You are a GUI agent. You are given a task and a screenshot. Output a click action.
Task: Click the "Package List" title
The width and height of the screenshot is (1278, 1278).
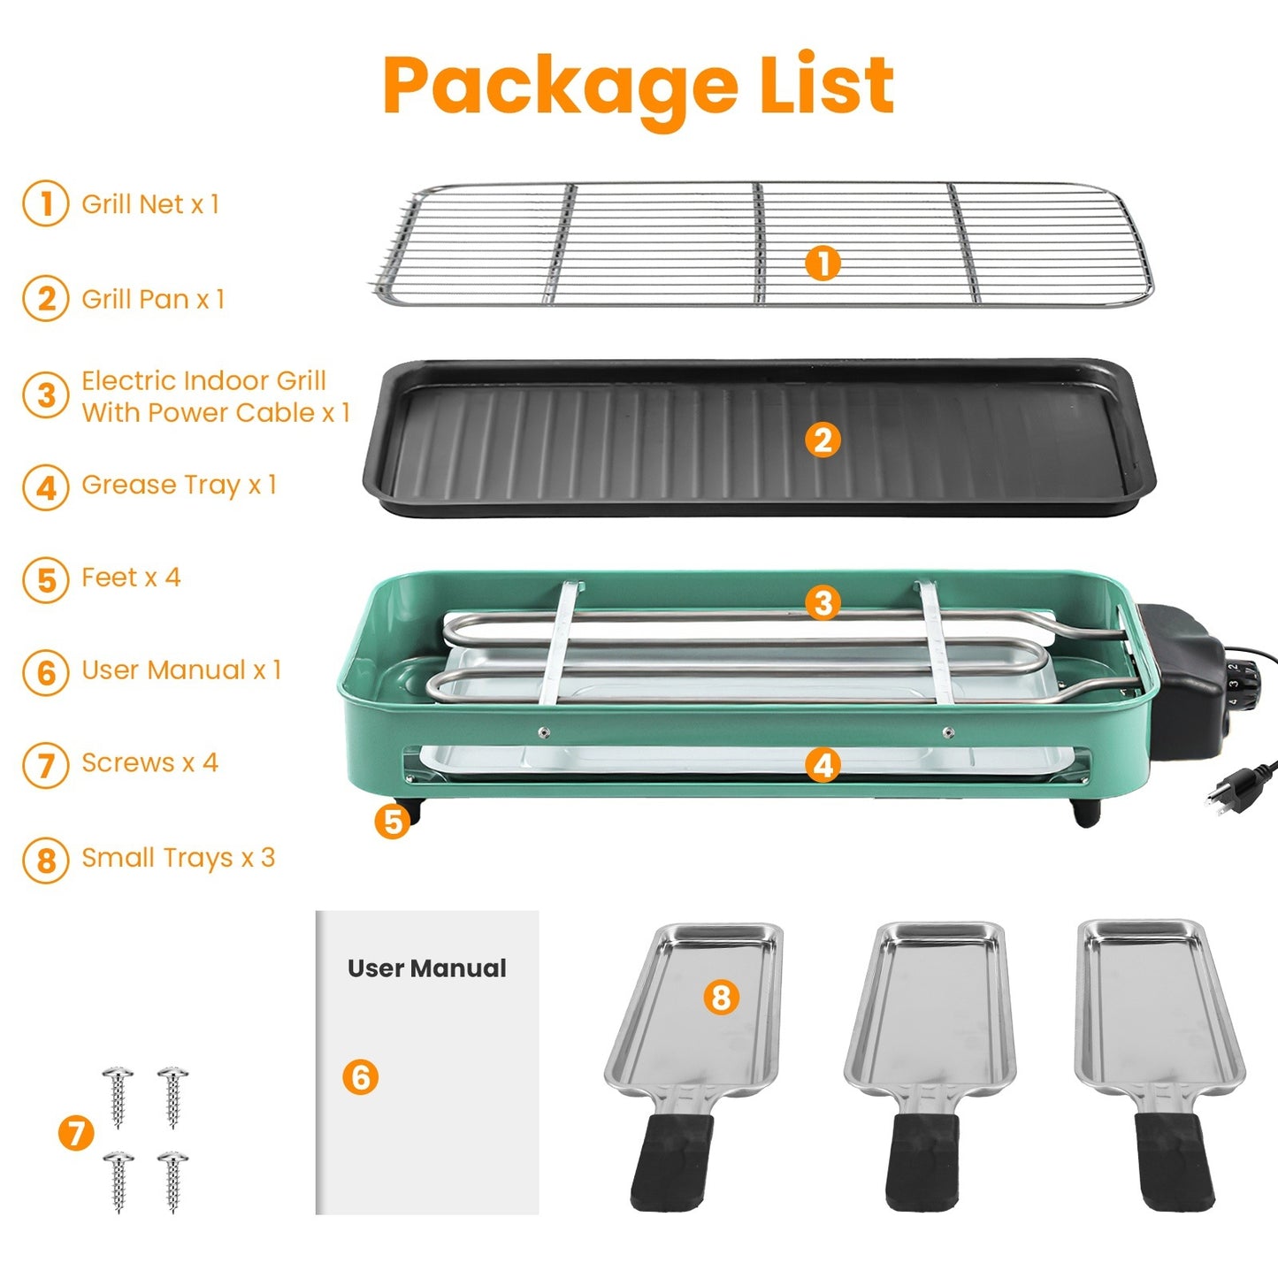[638, 86]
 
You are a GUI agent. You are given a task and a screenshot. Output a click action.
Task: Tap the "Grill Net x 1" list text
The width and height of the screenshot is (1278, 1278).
[149, 204]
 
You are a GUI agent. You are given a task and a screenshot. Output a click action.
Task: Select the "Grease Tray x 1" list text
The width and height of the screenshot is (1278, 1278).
[179, 485]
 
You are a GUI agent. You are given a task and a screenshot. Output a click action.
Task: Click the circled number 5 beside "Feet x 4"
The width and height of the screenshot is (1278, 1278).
[46, 580]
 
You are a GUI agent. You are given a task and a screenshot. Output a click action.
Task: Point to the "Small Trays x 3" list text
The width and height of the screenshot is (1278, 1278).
[178, 858]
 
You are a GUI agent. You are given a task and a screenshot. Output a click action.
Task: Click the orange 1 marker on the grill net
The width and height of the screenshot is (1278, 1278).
[823, 263]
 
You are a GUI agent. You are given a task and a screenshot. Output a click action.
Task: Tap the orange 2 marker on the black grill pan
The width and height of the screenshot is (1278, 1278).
[823, 440]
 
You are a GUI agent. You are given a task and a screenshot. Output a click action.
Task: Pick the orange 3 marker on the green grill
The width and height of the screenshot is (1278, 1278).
[823, 603]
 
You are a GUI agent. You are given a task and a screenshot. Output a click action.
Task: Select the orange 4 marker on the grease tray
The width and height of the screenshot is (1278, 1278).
[823, 765]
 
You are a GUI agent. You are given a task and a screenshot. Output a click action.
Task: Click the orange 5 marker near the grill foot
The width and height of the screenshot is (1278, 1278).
[392, 822]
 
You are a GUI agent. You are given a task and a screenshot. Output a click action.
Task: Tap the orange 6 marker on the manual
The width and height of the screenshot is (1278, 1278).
[361, 1077]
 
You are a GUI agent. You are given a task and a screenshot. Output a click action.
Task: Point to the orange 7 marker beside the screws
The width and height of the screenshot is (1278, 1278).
[76, 1133]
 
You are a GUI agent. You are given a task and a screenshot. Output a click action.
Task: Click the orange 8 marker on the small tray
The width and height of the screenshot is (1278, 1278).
[721, 997]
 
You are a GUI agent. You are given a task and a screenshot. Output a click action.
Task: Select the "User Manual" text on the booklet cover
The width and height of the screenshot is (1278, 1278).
[426, 968]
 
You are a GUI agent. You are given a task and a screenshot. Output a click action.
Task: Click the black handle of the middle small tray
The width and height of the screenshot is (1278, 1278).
[922, 1161]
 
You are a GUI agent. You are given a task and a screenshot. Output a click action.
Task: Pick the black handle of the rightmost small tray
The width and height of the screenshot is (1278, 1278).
[1171, 1161]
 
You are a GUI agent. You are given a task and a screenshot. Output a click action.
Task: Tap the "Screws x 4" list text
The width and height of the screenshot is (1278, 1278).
[149, 763]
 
